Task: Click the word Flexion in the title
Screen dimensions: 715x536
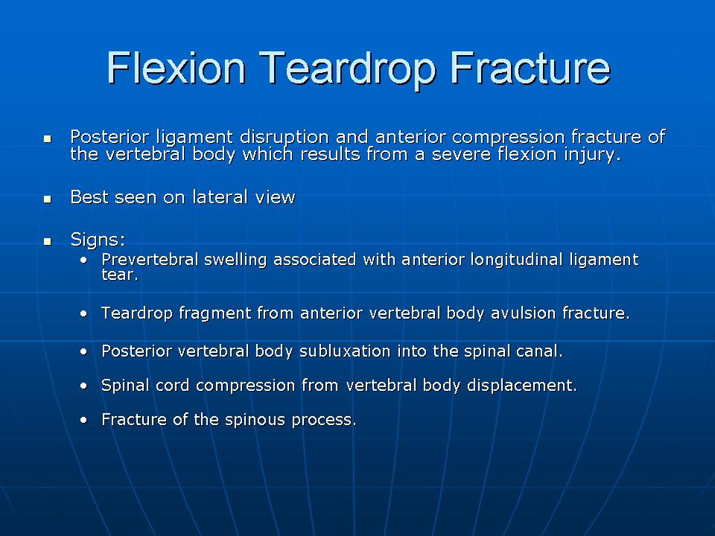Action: click(176, 68)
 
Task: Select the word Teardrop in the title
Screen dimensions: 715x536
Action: click(347, 69)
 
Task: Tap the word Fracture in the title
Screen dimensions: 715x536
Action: click(530, 68)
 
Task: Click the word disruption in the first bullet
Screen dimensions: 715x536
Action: click(284, 137)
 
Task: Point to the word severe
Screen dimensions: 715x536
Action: click(461, 154)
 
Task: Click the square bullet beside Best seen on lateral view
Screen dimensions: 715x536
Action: click(48, 199)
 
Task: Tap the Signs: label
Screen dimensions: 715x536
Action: click(98, 240)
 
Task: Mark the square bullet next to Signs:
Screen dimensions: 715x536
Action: click(48, 241)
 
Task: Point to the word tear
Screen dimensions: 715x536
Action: click(119, 275)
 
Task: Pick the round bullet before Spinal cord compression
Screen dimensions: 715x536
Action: click(83, 386)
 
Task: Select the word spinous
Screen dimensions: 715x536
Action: click(255, 420)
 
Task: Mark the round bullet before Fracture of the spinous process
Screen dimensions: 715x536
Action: click(83, 420)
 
